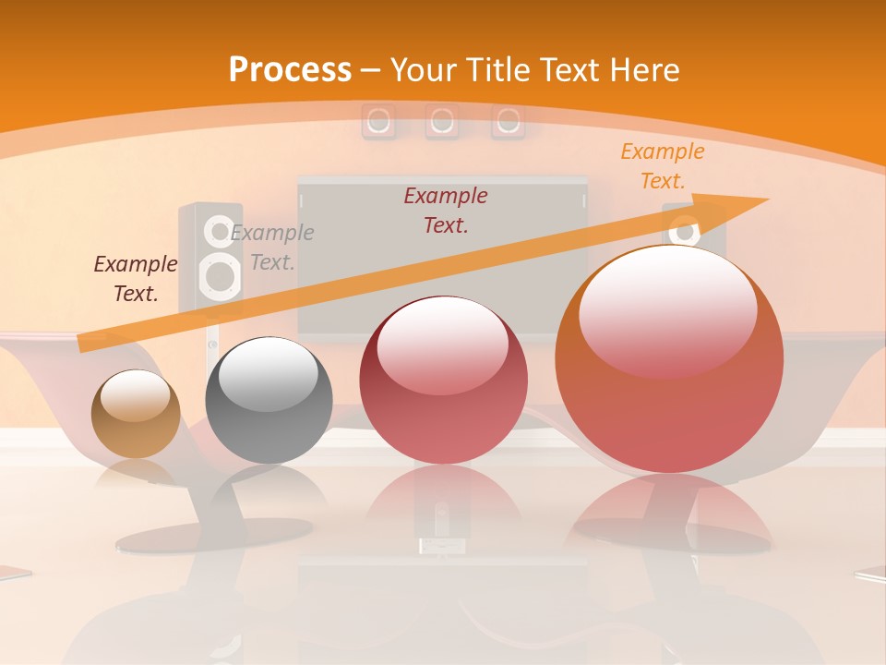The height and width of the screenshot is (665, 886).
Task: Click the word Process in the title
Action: coord(290,70)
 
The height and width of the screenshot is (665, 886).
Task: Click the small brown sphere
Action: coord(136,414)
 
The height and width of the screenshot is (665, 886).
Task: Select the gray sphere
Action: coord(269,401)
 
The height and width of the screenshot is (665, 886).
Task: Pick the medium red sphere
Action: coord(443,381)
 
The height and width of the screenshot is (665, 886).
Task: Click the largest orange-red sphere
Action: coord(669,360)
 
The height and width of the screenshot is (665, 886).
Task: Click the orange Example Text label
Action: coord(662,166)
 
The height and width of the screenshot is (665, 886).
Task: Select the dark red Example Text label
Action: coord(446,210)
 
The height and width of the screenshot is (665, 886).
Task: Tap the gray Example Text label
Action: coord(272,247)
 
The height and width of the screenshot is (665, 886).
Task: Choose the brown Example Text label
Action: coord(135,278)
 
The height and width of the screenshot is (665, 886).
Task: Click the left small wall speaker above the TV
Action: coord(377,121)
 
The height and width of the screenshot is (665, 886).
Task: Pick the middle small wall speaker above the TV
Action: coord(442,121)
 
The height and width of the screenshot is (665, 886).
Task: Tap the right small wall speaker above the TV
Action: coord(507,121)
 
